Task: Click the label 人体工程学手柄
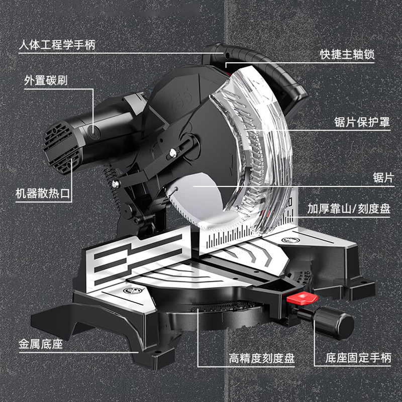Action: pos(57,45)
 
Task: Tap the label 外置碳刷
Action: pos(46,80)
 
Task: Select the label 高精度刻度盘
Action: pos(261,358)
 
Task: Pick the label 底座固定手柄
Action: pos(358,358)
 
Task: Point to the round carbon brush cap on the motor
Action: pos(92,131)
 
